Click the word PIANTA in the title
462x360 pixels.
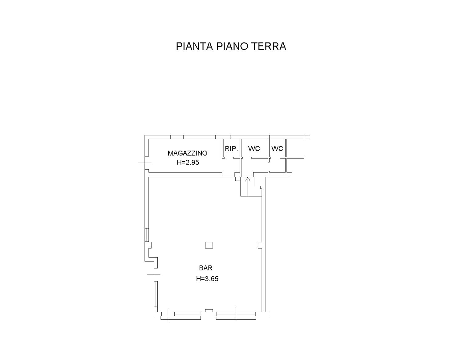194,46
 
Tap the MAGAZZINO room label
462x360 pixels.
187,153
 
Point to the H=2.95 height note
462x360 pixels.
188,162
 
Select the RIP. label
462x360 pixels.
231,148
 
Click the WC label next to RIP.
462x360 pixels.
254,148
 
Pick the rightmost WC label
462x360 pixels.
277,148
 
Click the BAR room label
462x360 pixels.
206,268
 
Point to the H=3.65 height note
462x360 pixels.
207,279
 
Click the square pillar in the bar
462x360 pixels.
209,245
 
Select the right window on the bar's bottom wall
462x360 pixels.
236,316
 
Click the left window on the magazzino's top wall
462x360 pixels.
177,137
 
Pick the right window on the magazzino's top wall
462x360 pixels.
223,137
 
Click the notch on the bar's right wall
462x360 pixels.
260,245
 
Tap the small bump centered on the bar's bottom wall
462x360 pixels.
209,311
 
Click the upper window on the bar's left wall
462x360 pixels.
147,235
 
